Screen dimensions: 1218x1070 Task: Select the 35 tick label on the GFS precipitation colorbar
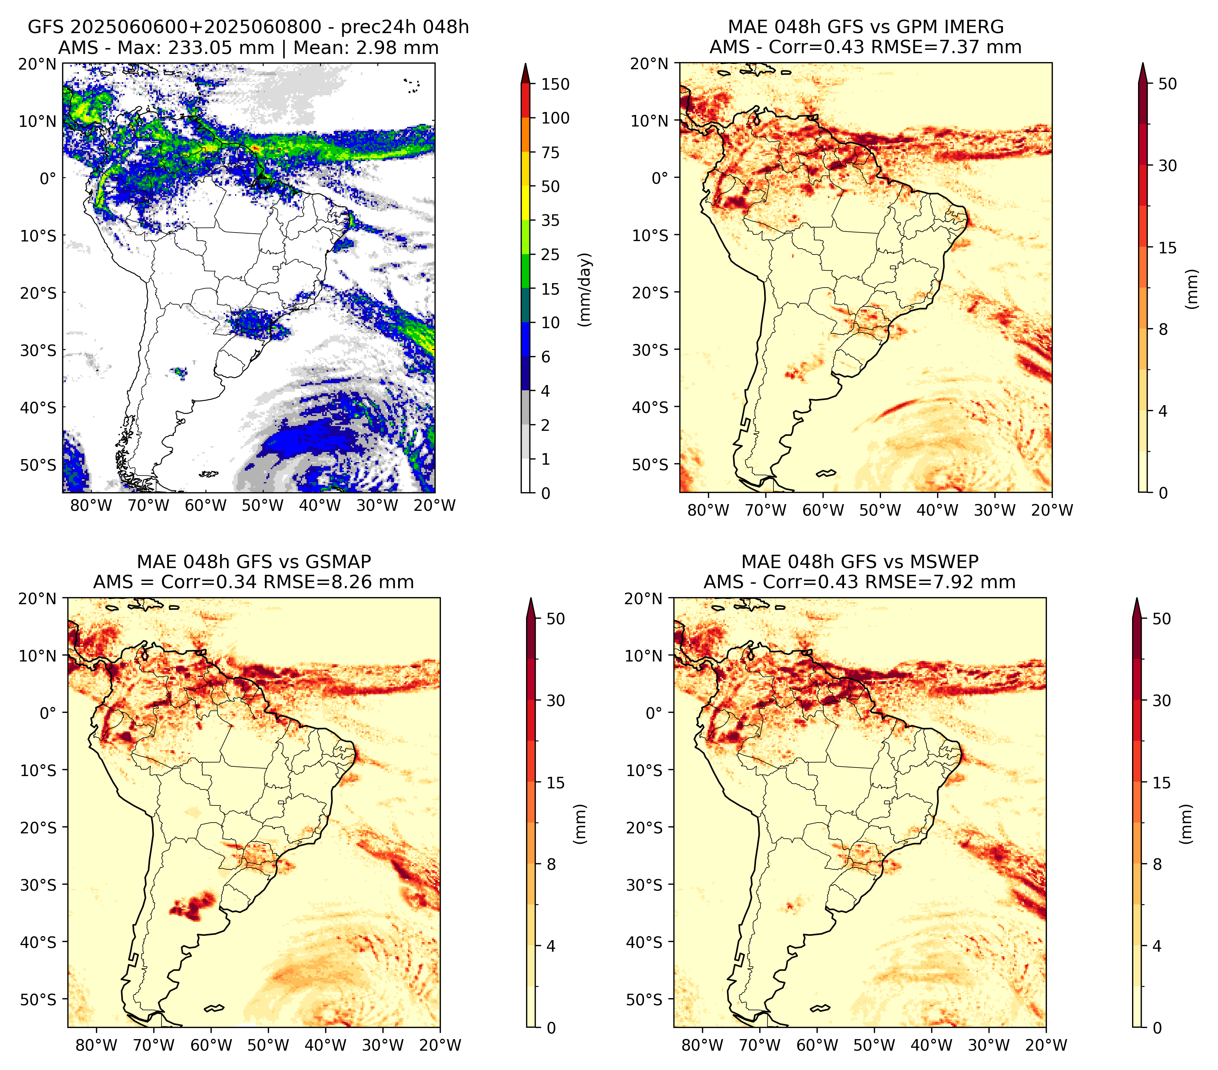pyautogui.click(x=550, y=220)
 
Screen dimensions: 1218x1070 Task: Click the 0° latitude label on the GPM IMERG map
pyautogui.click(x=660, y=177)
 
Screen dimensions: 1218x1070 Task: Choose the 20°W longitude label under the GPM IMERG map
pyautogui.click(x=1052, y=510)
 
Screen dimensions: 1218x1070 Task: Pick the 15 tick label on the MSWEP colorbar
pyautogui.click(x=1161, y=783)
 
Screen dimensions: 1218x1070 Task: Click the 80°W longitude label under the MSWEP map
pyautogui.click(x=702, y=1045)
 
